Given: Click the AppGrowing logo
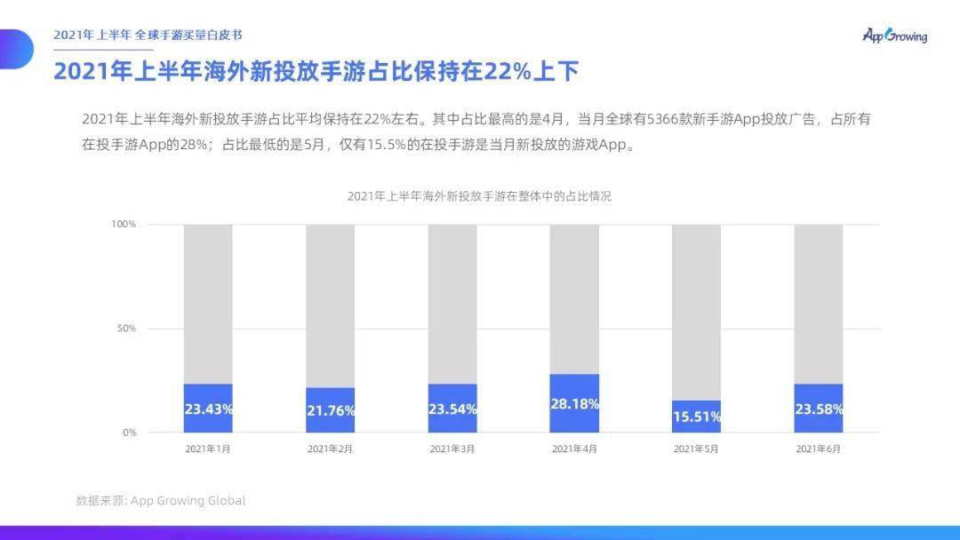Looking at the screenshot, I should point(894,36).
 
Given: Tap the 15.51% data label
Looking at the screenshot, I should point(696,416).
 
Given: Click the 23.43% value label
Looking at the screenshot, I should point(208,409).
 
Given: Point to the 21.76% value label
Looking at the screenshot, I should point(330,410).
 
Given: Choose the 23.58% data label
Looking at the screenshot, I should point(818,409).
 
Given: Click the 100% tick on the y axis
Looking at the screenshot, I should point(124,224).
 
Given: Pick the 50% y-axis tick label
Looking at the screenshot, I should point(126,329).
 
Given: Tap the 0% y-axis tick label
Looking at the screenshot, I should point(129,433).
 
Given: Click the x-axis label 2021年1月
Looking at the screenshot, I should point(208,449).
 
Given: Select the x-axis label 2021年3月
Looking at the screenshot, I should point(452,449).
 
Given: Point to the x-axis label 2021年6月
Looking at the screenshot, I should point(818,449).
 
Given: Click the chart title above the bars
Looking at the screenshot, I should point(479,196).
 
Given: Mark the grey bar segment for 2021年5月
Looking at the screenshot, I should point(696,311).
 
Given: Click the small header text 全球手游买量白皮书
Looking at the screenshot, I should point(188,35).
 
